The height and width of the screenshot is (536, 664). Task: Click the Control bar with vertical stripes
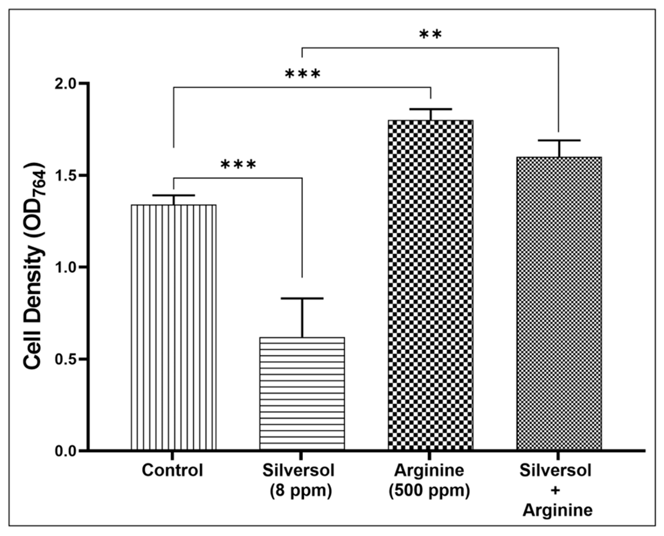click(173, 327)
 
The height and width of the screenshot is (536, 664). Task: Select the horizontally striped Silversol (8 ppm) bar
click(302, 394)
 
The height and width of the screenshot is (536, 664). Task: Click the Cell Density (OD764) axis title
click(34, 265)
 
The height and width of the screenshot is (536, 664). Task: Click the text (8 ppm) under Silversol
click(301, 491)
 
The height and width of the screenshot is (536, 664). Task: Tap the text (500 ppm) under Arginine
click(429, 491)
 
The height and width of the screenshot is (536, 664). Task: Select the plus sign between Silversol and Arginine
click(555, 491)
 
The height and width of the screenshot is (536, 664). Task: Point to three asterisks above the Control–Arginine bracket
click(302, 74)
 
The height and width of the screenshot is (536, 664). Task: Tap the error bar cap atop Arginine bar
click(430, 109)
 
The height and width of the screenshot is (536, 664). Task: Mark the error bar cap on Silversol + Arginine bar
click(559, 140)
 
